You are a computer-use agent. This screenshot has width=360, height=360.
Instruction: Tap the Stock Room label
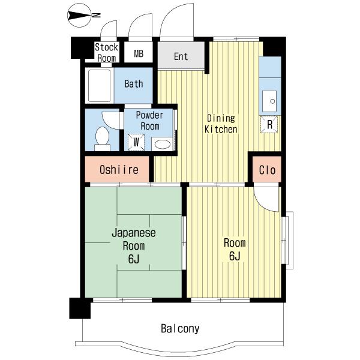(x=107, y=53)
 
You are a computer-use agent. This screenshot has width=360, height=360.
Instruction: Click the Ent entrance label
(x=181, y=56)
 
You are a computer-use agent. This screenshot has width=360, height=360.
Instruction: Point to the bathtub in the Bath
(x=99, y=86)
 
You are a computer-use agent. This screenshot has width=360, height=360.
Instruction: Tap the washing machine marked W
(x=136, y=142)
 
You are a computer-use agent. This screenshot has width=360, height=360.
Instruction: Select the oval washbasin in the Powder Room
(x=163, y=145)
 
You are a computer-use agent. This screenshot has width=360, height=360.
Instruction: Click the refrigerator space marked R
(x=269, y=124)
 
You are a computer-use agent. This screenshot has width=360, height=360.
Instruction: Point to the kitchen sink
(x=269, y=101)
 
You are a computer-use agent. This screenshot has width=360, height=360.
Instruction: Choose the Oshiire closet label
(x=119, y=170)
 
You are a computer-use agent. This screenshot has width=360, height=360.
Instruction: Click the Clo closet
(x=267, y=169)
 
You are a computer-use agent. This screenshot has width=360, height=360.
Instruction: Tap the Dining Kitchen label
(x=221, y=124)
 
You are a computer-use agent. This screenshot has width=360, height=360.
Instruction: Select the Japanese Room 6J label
(x=134, y=245)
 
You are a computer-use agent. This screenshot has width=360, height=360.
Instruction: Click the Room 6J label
(x=235, y=250)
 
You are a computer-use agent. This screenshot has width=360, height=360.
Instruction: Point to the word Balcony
(x=180, y=329)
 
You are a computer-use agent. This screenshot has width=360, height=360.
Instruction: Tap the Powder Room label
(x=149, y=121)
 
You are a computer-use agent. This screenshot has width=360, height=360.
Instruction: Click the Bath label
(x=134, y=84)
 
